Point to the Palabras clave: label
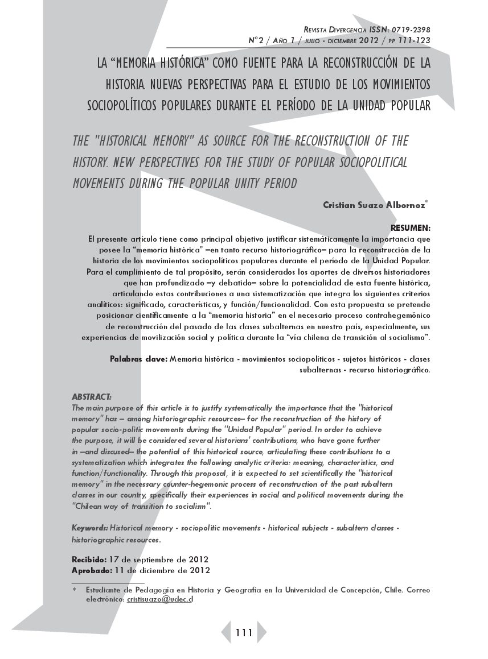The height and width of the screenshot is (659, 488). click(x=138, y=359)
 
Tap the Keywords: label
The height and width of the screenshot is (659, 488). click(x=90, y=529)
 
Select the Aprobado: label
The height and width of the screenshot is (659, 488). click(x=91, y=570)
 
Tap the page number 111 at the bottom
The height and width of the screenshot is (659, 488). click(x=243, y=633)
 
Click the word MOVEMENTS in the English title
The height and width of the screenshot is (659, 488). click(x=103, y=184)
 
